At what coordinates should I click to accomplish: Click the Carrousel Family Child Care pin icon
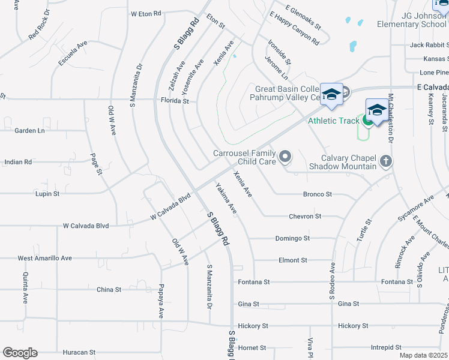(285, 157)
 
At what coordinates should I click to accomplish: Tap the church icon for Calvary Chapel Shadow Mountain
(385, 161)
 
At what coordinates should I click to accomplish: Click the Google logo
(20, 353)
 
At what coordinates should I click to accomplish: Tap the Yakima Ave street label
(226, 199)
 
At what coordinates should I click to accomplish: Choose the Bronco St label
(318, 194)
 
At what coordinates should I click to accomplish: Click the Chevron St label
(306, 216)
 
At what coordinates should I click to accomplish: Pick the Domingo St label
(292, 238)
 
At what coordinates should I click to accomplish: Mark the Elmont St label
(293, 260)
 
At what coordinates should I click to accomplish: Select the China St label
(109, 289)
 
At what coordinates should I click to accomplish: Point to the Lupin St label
(48, 194)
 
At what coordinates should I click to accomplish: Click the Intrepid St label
(386, 347)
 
